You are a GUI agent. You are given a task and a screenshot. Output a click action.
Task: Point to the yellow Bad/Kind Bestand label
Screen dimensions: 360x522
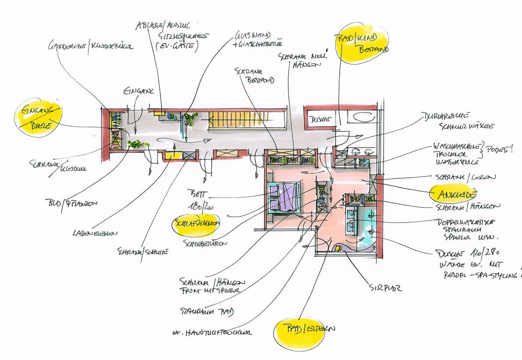(361, 44)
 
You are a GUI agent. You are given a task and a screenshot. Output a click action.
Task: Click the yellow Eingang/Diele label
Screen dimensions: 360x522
(38, 118)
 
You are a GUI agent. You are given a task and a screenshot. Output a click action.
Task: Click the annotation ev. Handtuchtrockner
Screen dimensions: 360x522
(212, 332)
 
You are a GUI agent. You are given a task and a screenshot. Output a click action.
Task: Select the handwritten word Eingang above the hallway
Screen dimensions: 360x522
(138, 92)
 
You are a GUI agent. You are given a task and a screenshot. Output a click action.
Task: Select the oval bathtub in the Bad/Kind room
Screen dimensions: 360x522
(361, 117)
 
